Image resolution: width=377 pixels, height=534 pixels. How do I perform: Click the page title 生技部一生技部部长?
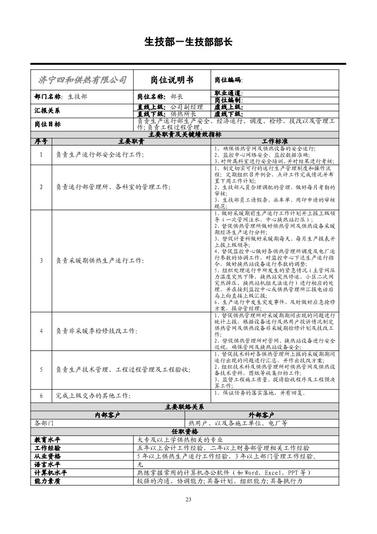click(x=188, y=42)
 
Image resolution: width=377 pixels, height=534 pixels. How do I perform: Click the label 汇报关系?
click(x=47, y=110)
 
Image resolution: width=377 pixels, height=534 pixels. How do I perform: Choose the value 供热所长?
click(x=183, y=114)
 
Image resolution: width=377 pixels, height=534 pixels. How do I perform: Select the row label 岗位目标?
click(x=47, y=124)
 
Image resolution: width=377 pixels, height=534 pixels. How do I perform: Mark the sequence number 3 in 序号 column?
click(x=41, y=260)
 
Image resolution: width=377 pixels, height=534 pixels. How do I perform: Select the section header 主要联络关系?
click(x=185, y=407)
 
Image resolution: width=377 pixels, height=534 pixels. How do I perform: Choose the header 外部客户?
click(x=262, y=415)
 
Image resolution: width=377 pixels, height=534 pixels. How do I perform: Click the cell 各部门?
click(x=45, y=423)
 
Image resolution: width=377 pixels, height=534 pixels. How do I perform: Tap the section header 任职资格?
click(x=185, y=431)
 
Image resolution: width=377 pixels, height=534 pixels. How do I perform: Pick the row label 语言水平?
click(x=47, y=464)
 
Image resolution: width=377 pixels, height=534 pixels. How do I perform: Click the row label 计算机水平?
click(x=50, y=473)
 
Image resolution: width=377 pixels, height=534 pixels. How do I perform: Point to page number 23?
click(x=188, y=499)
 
